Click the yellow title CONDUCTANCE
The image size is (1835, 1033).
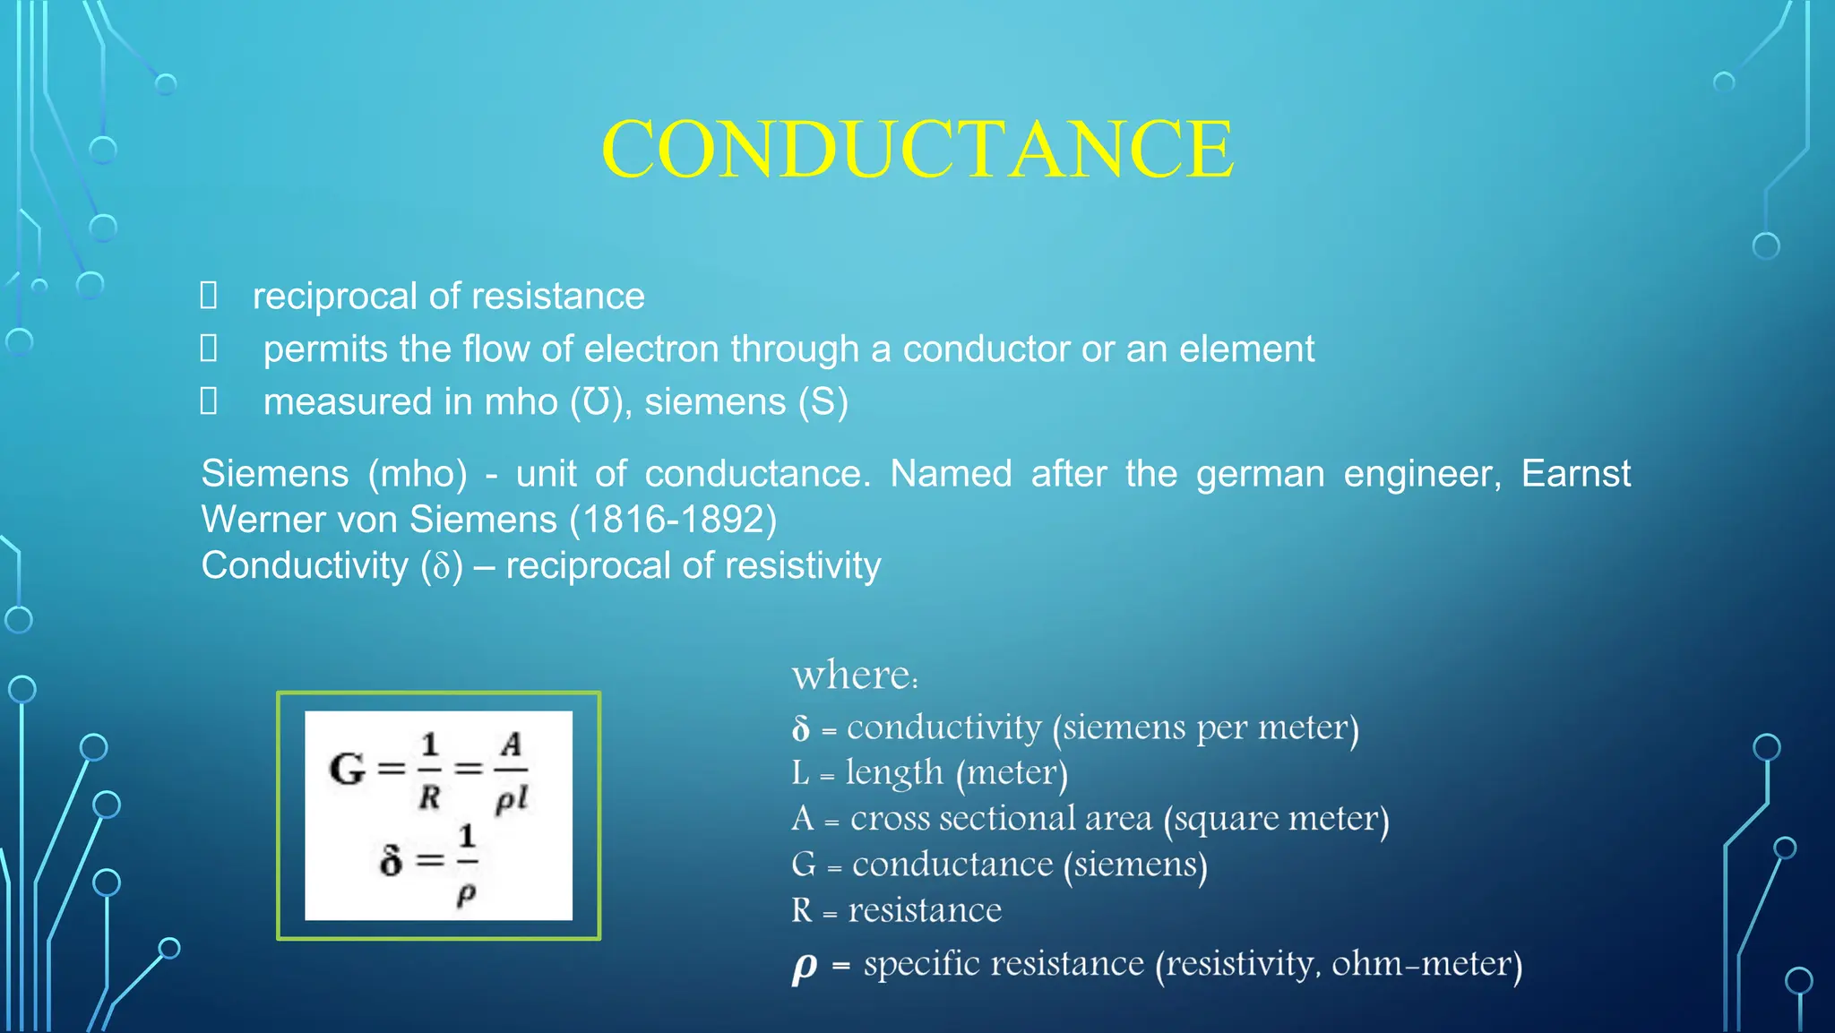(917, 149)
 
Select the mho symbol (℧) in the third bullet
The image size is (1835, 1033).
(597, 402)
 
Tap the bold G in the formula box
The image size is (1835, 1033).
(348, 769)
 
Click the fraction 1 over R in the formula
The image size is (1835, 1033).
(430, 770)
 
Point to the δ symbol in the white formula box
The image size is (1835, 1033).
(391, 861)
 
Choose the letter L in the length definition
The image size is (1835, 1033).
(800, 773)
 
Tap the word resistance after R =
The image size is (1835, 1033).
(925, 911)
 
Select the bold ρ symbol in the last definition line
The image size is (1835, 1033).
(804, 967)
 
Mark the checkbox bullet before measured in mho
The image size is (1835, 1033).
(209, 401)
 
